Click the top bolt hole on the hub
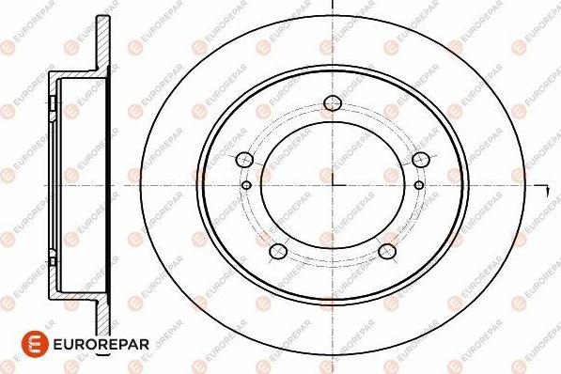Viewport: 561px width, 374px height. [331, 103]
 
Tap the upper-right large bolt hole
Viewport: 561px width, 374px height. [420, 159]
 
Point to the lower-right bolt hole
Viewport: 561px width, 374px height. [386, 251]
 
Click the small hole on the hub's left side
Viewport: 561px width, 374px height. [247, 184]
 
